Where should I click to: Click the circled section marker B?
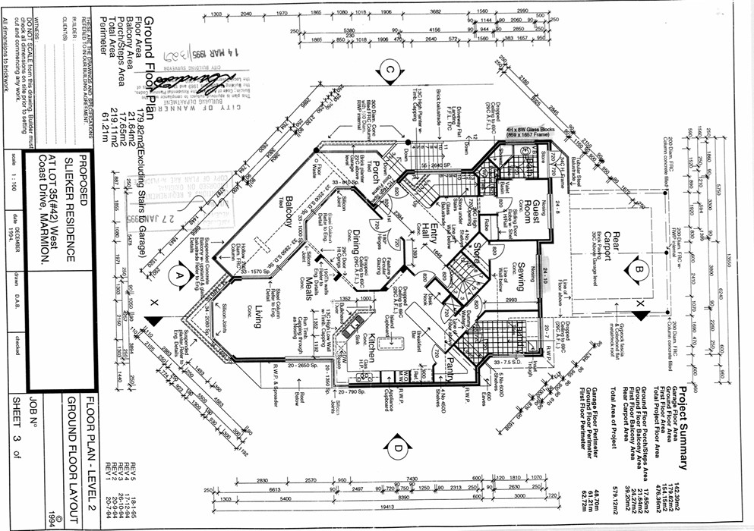[x=639, y=268]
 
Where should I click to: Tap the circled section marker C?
[x=389, y=71]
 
